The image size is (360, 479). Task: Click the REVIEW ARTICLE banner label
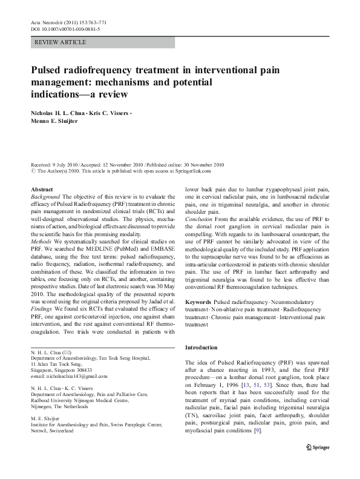61,42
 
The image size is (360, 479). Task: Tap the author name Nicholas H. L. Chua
63,113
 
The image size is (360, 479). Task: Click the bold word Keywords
198,301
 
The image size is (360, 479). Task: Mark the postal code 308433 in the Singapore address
81,369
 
